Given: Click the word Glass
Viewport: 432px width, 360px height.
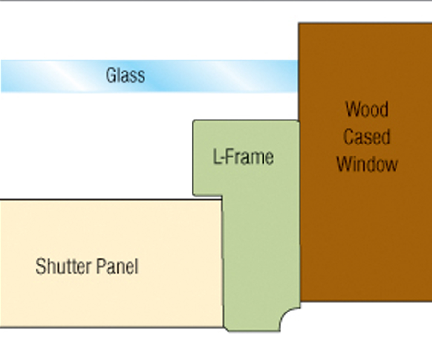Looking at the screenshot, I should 125,75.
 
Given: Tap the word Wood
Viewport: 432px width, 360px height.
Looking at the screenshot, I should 367,109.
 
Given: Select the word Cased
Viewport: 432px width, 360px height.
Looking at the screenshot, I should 367,137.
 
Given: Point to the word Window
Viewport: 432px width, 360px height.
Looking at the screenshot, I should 367,164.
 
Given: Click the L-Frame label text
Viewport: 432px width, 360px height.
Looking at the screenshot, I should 243,157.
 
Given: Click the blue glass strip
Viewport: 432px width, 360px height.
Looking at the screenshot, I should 216,76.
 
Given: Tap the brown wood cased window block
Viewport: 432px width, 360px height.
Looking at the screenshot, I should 365,230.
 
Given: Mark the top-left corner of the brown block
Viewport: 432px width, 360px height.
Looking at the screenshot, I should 299,23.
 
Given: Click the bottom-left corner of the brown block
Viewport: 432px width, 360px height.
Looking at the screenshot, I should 300,301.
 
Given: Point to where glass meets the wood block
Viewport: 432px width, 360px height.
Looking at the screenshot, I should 298,76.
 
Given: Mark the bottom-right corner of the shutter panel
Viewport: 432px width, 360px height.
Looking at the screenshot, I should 223,327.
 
